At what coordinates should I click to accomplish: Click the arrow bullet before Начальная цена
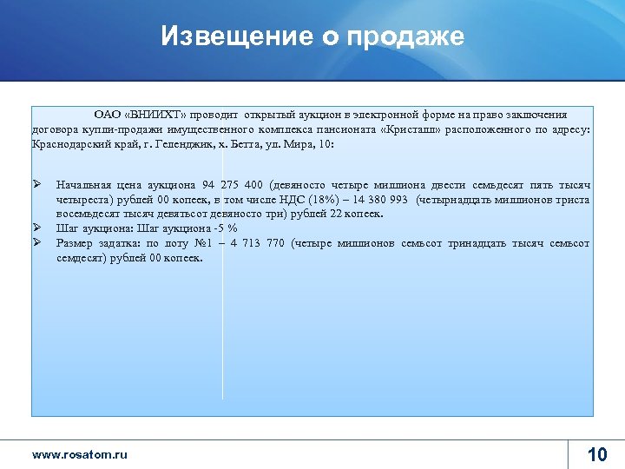click(37, 184)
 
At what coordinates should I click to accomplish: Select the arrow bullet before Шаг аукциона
click(37, 228)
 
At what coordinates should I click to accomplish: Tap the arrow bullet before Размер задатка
click(37, 242)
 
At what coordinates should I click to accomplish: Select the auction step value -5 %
click(227, 228)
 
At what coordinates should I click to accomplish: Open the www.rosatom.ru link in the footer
click(80, 454)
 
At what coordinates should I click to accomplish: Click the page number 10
click(597, 454)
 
